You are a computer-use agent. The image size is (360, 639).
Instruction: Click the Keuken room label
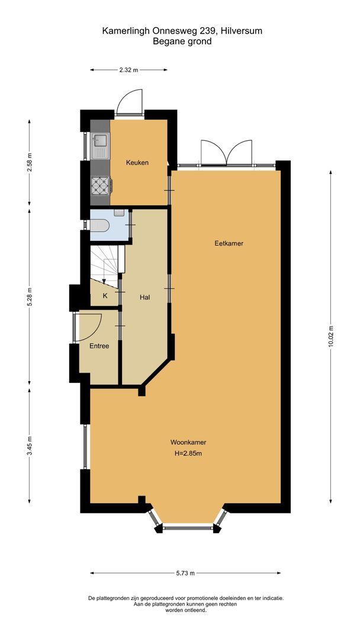click(137, 163)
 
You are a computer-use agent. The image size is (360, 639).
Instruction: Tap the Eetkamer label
click(229, 243)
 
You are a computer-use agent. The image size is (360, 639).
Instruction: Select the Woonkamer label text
click(188, 442)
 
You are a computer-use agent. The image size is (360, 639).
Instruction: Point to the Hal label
click(144, 298)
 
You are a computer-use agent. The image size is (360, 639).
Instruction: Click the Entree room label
click(99, 346)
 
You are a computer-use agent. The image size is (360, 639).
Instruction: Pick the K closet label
click(105, 295)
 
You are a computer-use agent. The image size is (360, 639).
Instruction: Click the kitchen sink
click(101, 141)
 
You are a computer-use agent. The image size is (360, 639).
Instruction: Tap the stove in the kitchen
click(100, 186)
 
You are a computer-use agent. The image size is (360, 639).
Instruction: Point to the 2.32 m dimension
click(128, 70)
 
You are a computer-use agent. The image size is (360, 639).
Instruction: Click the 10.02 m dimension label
click(331, 338)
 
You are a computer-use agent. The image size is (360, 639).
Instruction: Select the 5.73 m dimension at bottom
click(185, 573)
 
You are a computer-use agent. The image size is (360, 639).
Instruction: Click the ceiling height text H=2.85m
click(188, 453)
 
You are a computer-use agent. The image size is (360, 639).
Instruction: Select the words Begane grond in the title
click(182, 41)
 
